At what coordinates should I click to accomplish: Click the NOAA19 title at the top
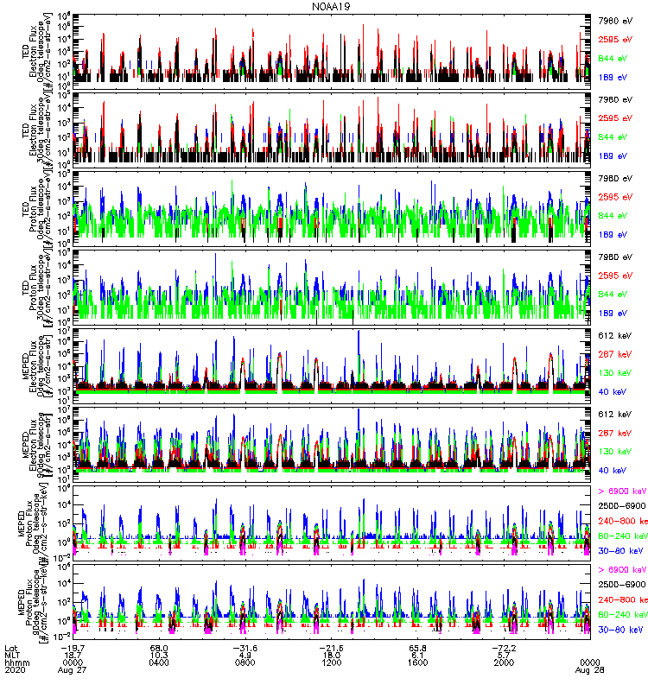pyautogui.click(x=332, y=7)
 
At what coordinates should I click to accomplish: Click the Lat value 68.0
pyautogui.click(x=159, y=645)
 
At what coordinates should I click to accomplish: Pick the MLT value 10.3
pyautogui.click(x=159, y=653)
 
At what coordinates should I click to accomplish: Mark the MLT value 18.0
pyautogui.click(x=332, y=653)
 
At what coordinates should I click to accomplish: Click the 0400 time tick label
pyautogui.click(x=159, y=661)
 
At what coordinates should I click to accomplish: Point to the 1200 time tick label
pyautogui.click(x=332, y=661)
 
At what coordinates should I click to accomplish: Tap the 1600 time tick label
pyautogui.click(x=418, y=661)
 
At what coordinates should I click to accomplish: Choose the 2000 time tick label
pyautogui.click(x=505, y=661)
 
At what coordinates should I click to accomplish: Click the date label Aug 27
pyautogui.click(x=73, y=669)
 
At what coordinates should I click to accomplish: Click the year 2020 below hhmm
pyautogui.click(x=15, y=669)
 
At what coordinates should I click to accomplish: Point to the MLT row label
pyautogui.click(x=12, y=653)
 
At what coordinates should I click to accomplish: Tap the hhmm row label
pyautogui.click(x=16, y=661)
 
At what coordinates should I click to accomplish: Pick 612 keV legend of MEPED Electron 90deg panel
pyautogui.click(x=613, y=415)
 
